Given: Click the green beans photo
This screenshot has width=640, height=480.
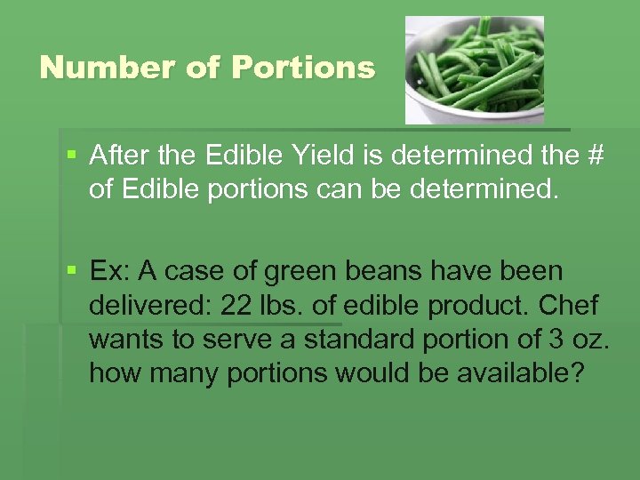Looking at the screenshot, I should click(474, 69).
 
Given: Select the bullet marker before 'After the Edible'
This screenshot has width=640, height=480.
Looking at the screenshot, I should click(72, 156).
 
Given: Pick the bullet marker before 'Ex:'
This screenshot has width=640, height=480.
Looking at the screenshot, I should click(72, 269).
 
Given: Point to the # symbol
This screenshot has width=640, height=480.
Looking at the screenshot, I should click(595, 156).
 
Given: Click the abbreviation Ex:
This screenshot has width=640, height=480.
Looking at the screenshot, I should click(110, 269).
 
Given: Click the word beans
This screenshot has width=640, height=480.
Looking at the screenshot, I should click(372, 269).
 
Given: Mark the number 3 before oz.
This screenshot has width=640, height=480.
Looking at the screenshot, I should click(531, 339).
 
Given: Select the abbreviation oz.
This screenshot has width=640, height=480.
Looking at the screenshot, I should click(562, 339).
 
